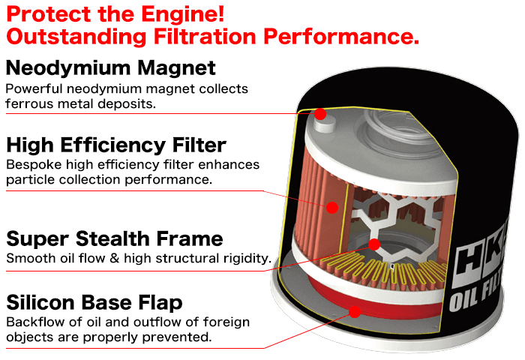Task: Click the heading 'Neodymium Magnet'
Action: point(111,68)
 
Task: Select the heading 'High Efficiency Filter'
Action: point(115,145)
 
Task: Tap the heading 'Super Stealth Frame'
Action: point(115,239)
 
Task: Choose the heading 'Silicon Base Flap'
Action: point(94,303)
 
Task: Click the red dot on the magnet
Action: point(320,115)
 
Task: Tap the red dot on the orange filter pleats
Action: point(333,205)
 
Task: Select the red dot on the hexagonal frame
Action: point(374,244)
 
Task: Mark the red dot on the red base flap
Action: point(354,309)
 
